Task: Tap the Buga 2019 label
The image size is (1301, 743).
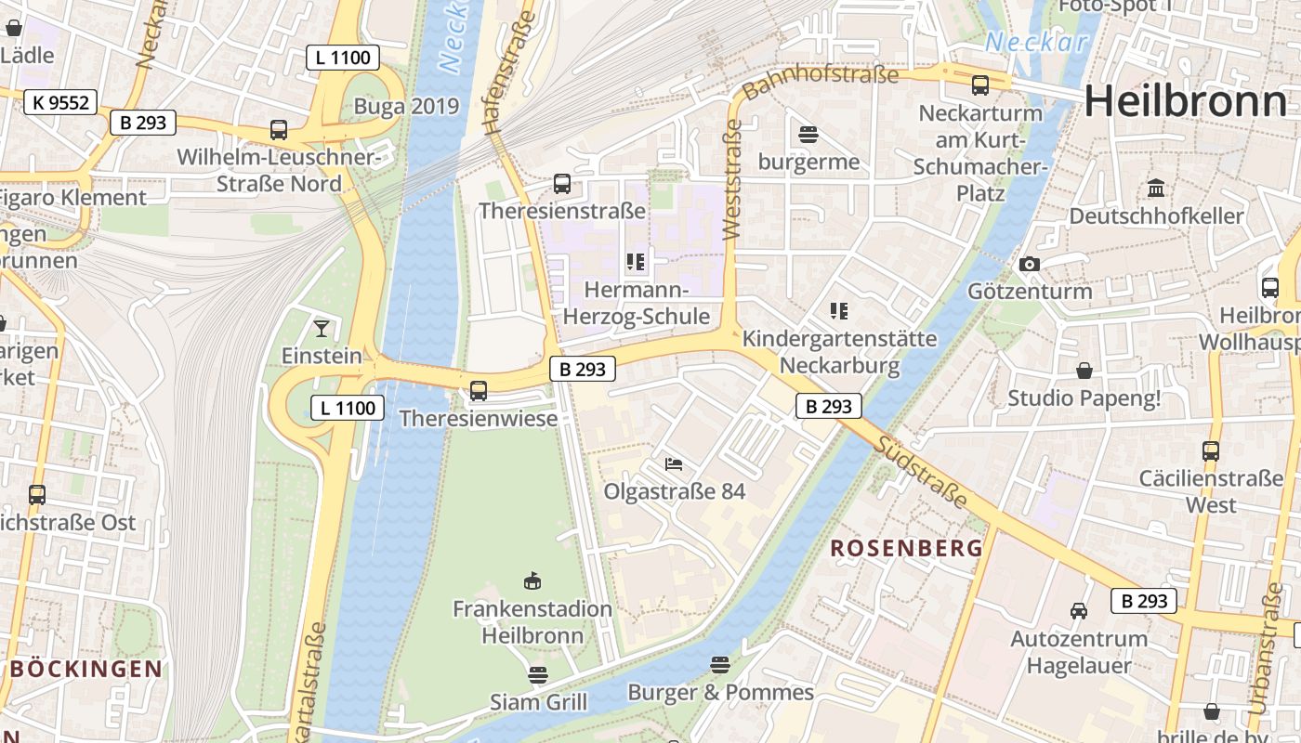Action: coord(406,106)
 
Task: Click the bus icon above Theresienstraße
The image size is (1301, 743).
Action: coord(562,183)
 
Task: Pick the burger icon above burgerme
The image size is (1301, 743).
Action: coord(808,135)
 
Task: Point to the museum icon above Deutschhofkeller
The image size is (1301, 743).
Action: coord(1156,189)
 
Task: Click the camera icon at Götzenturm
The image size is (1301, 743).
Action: coord(1029,265)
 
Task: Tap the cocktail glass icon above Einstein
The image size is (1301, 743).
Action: coord(321,328)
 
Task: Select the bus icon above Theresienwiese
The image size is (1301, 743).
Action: coord(479,391)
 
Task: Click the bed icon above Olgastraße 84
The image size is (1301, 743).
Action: coord(674,463)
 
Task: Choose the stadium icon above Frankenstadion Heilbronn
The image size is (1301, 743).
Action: coord(532,581)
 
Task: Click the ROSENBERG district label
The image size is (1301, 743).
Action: coord(906,548)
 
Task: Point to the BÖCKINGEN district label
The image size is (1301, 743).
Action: coord(86,669)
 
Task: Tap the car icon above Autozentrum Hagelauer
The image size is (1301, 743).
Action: coord(1078,611)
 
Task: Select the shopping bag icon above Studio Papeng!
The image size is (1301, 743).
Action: coord(1084,371)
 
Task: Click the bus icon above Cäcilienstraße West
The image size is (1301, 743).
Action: coord(1210,451)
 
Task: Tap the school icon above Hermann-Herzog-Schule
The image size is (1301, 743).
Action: coord(636,262)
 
